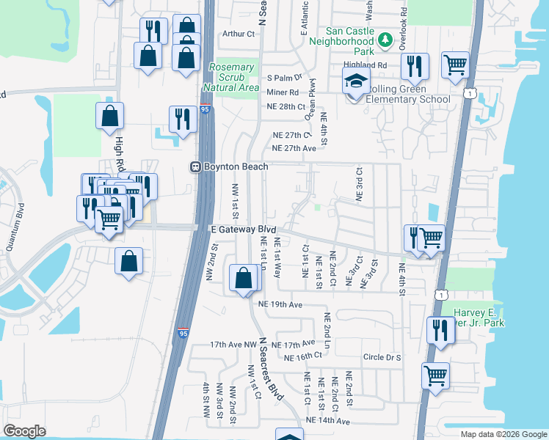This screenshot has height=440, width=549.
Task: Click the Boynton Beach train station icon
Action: (x=195, y=166)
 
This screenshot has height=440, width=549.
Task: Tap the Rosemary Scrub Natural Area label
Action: (x=232, y=77)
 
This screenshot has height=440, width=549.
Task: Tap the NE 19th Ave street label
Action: (x=280, y=304)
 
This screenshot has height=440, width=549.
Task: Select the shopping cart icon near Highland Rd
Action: (x=455, y=64)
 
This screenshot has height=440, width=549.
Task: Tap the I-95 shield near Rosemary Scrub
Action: (x=205, y=109)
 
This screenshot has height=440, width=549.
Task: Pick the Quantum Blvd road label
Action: (x=12, y=232)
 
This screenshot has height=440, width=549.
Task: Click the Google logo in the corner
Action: (x=25, y=431)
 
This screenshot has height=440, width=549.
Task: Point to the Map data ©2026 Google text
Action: (x=503, y=434)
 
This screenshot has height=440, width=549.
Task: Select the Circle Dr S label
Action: (x=382, y=358)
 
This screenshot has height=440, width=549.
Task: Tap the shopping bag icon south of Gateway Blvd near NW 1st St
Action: (x=243, y=278)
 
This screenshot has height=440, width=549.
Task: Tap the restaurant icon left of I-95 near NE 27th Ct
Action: (x=181, y=118)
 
